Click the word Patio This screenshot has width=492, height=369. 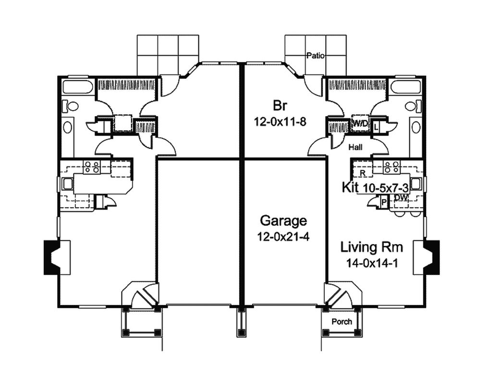(316, 56)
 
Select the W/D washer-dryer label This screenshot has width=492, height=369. (360, 124)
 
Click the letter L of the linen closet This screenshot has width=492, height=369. (376, 126)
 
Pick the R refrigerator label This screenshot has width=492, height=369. (363, 172)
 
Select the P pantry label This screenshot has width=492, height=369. (384, 202)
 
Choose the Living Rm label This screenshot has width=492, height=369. (371, 247)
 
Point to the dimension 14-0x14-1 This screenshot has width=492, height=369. (371, 263)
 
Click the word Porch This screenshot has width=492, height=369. (342, 321)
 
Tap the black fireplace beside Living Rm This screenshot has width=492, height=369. (433, 257)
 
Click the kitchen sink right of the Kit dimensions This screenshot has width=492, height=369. (416, 184)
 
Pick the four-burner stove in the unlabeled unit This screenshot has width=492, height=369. (91, 167)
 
